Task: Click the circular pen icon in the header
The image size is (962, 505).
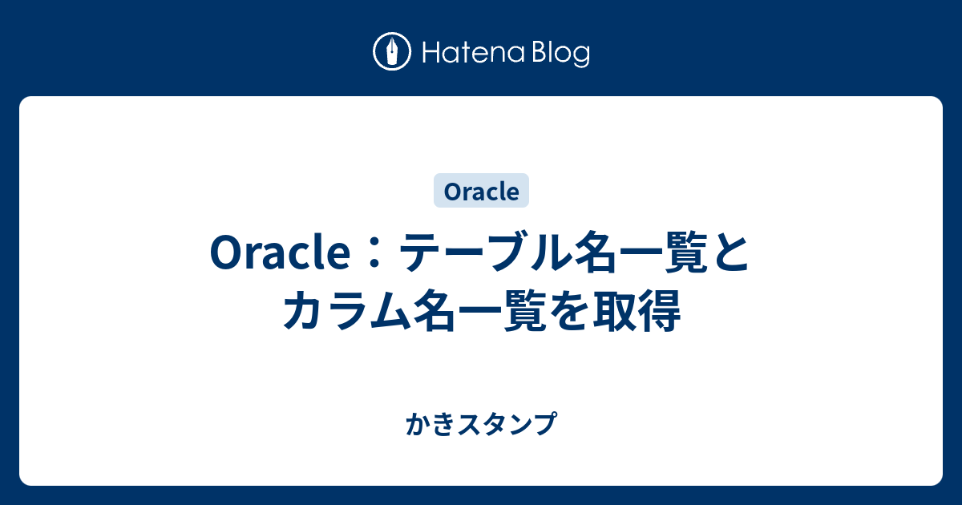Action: pyautogui.click(x=392, y=51)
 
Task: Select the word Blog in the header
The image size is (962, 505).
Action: pyautogui.click(x=561, y=53)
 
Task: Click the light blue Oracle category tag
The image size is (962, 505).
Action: pyautogui.click(x=481, y=191)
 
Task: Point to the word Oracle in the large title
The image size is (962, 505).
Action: pyautogui.click(x=280, y=253)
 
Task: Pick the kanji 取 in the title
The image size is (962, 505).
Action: pyautogui.click(x=615, y=311)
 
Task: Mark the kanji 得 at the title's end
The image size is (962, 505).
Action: pyautogui.click(x=659, y=311)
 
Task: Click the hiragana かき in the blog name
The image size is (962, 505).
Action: pyautogui.click(x=430, y=424)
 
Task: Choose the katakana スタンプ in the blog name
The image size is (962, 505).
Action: pyautogui.click(x=507, y=424)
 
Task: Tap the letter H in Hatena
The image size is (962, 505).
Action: pyautogui.click(x=430, y=53)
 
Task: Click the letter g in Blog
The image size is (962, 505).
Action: pyautogui.click(x=581, y=57)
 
